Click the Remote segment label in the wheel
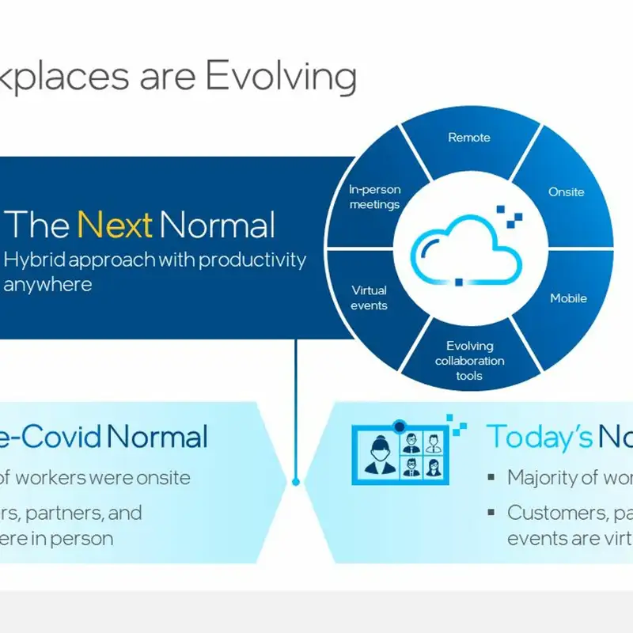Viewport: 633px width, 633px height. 469,138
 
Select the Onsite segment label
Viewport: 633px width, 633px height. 567,192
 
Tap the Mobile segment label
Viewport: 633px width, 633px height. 568,298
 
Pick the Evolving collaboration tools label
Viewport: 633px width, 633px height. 469,361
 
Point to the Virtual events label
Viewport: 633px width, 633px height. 370,298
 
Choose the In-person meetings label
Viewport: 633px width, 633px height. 375,197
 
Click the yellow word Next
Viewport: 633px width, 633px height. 115,226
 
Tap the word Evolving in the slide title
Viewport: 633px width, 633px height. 280,77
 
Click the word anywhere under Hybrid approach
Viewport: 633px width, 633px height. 47,284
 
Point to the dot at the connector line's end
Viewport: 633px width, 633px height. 296,481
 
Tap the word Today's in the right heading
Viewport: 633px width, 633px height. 539,436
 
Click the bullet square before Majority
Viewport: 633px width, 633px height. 491,478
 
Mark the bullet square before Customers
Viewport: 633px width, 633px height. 491,513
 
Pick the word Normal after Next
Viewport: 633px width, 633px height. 218,226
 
